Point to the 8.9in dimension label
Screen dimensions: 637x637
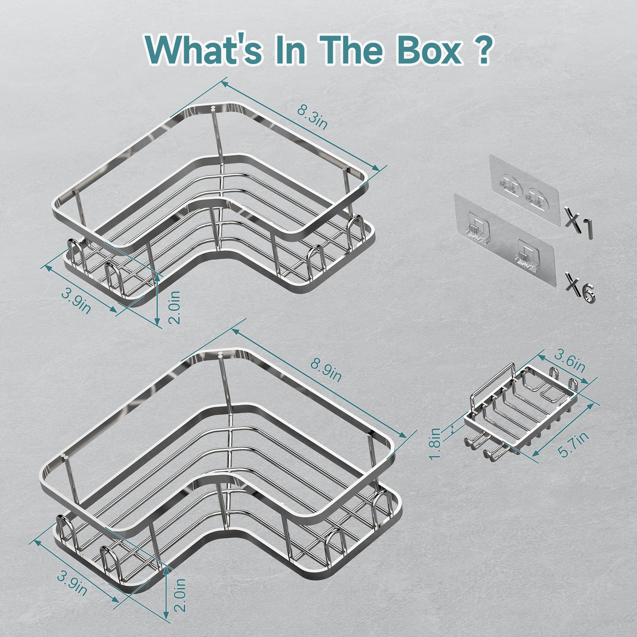tap(326, 370)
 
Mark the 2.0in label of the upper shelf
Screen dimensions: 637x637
tap(175, 307)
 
